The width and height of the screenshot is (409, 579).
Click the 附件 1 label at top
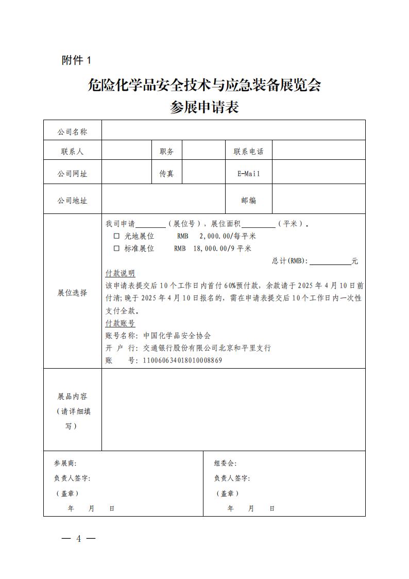pos(76,60)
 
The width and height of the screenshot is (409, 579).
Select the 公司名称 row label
pos(72,132)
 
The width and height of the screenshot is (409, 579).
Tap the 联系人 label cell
pos(72,152)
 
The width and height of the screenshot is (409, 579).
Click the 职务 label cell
pos(166,152)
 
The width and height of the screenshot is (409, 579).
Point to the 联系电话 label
pos(248,152)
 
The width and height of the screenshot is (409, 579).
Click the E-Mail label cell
pos(248,174)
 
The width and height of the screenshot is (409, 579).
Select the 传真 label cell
pos(166,174)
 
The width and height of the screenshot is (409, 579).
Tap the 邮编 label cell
pos(248,201)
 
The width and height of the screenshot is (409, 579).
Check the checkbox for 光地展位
pos(116,236)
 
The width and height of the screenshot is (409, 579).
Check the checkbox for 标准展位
pos(116,249)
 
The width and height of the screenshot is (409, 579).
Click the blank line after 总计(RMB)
pos(330,261)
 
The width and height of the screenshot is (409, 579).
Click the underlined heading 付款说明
pos(120,273)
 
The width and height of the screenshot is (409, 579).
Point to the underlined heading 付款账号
pos(120,323)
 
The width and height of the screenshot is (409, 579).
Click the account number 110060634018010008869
pos(182,360)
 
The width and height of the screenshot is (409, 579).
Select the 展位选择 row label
pos(72,293)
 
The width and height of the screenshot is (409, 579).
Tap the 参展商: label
pos(65,464)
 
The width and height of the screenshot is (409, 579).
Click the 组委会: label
pos(225,464)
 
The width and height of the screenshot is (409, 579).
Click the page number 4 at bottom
pos(79,539)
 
